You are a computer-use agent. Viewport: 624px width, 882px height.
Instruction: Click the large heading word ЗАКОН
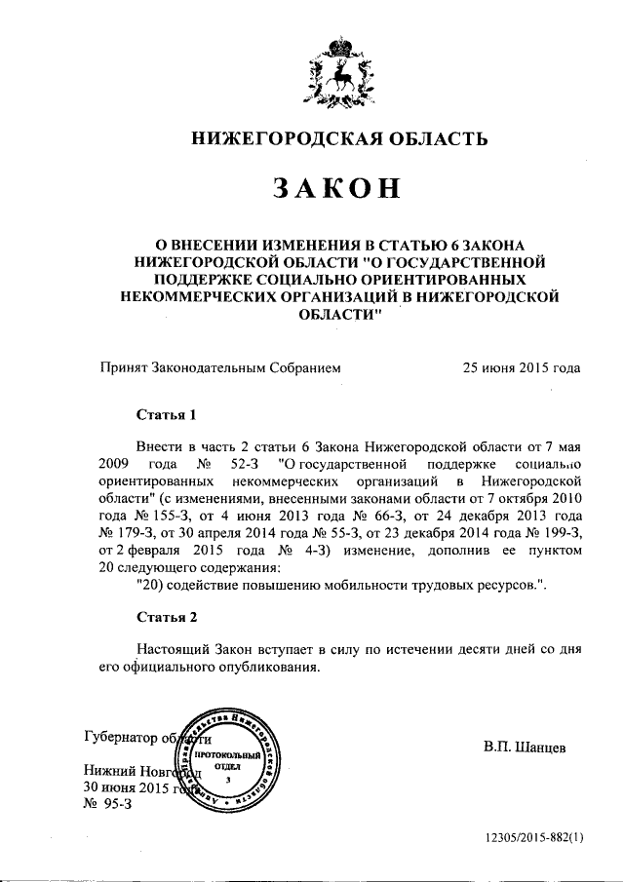click(337, 188)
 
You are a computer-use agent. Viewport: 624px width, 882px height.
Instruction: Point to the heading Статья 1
click(167, 413)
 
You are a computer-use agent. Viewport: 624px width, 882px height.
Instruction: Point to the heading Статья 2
click(167, 618)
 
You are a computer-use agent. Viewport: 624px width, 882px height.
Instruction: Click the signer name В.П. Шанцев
click(525, 748)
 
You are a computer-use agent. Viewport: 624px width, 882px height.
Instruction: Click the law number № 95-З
click(107, 805)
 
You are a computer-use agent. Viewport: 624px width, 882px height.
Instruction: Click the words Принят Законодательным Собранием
click(220, 368)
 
